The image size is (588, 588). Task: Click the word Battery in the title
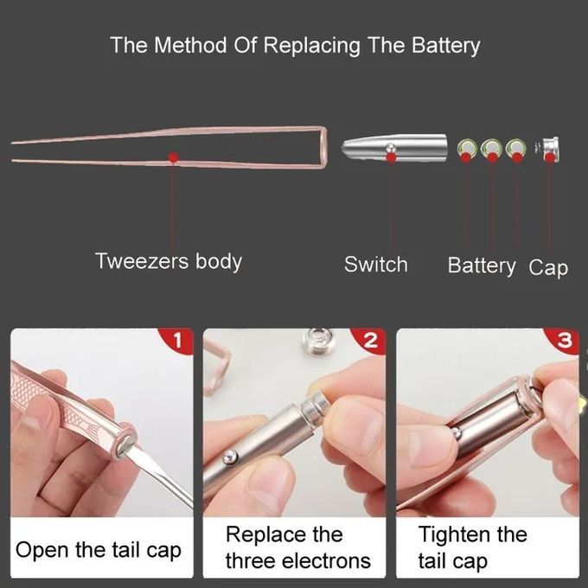445,46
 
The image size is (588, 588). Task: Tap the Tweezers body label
169,261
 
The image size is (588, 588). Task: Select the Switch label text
376,265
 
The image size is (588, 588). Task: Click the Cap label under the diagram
548,268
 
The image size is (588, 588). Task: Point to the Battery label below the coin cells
482,265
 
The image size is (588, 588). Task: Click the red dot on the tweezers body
174,157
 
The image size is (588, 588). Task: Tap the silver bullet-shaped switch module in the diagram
394,148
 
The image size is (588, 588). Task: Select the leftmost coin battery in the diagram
467,150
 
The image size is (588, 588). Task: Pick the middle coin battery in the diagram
492,150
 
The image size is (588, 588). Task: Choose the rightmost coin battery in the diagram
516,150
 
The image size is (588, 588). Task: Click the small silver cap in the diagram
548,150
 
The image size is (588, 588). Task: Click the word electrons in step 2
327,561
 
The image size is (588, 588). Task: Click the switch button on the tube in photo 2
229,458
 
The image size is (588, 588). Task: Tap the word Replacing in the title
311,46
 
